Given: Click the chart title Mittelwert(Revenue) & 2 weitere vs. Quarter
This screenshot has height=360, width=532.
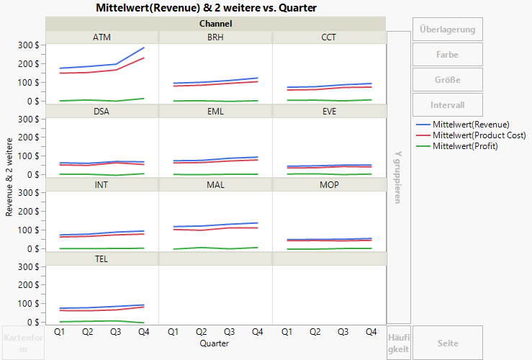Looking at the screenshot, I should click(206, 7).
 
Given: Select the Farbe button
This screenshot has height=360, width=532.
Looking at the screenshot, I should click(447, 55).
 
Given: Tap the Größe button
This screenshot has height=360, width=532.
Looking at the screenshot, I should click(447, 80).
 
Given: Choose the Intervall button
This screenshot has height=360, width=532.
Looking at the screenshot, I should click(447, 105).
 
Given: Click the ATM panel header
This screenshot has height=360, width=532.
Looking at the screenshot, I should click(102, 37).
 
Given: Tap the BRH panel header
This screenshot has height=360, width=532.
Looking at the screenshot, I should click(215, 37).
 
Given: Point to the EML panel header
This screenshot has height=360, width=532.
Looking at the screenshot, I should click(215, 112).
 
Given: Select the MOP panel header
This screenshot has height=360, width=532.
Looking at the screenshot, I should click(328, 185).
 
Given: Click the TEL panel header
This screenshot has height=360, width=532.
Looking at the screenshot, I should click(102, 258).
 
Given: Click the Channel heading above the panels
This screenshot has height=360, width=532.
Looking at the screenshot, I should click(215, 24).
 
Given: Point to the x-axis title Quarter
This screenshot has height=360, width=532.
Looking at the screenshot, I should click(215, 344).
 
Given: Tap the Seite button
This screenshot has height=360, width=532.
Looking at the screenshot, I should click(447, 343).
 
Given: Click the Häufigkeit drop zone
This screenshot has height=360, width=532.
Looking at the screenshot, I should click(398, 343).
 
